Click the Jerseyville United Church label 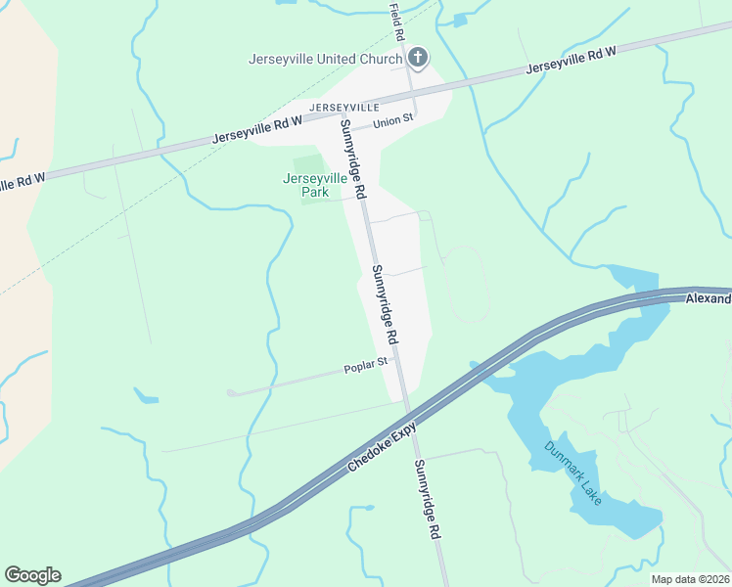click(325, 59)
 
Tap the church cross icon click(418, 58)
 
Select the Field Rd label click(396, 22)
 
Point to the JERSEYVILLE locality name click(343, 106)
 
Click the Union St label click(394, 122)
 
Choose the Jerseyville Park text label click(314, 185)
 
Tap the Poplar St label click(366, 366)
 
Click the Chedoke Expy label click(383, 450)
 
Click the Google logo click(32, 575)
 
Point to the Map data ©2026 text click(689, 579)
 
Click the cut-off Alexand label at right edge click(708, 298)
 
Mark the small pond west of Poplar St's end click(147, 397)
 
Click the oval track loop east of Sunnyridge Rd click(466, 284)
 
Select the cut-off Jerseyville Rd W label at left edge click(23, 182)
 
